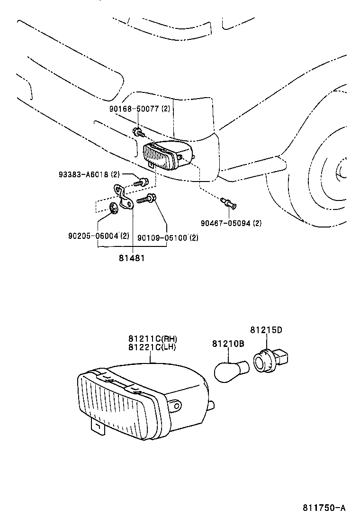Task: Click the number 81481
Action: tap(132, 258)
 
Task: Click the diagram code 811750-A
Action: tap(324, 508)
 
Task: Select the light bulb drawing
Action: tap(231, 370)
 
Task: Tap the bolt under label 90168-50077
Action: tap(138, 132)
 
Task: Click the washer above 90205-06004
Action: tap(113, 208)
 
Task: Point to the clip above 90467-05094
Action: tap(229, 204)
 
